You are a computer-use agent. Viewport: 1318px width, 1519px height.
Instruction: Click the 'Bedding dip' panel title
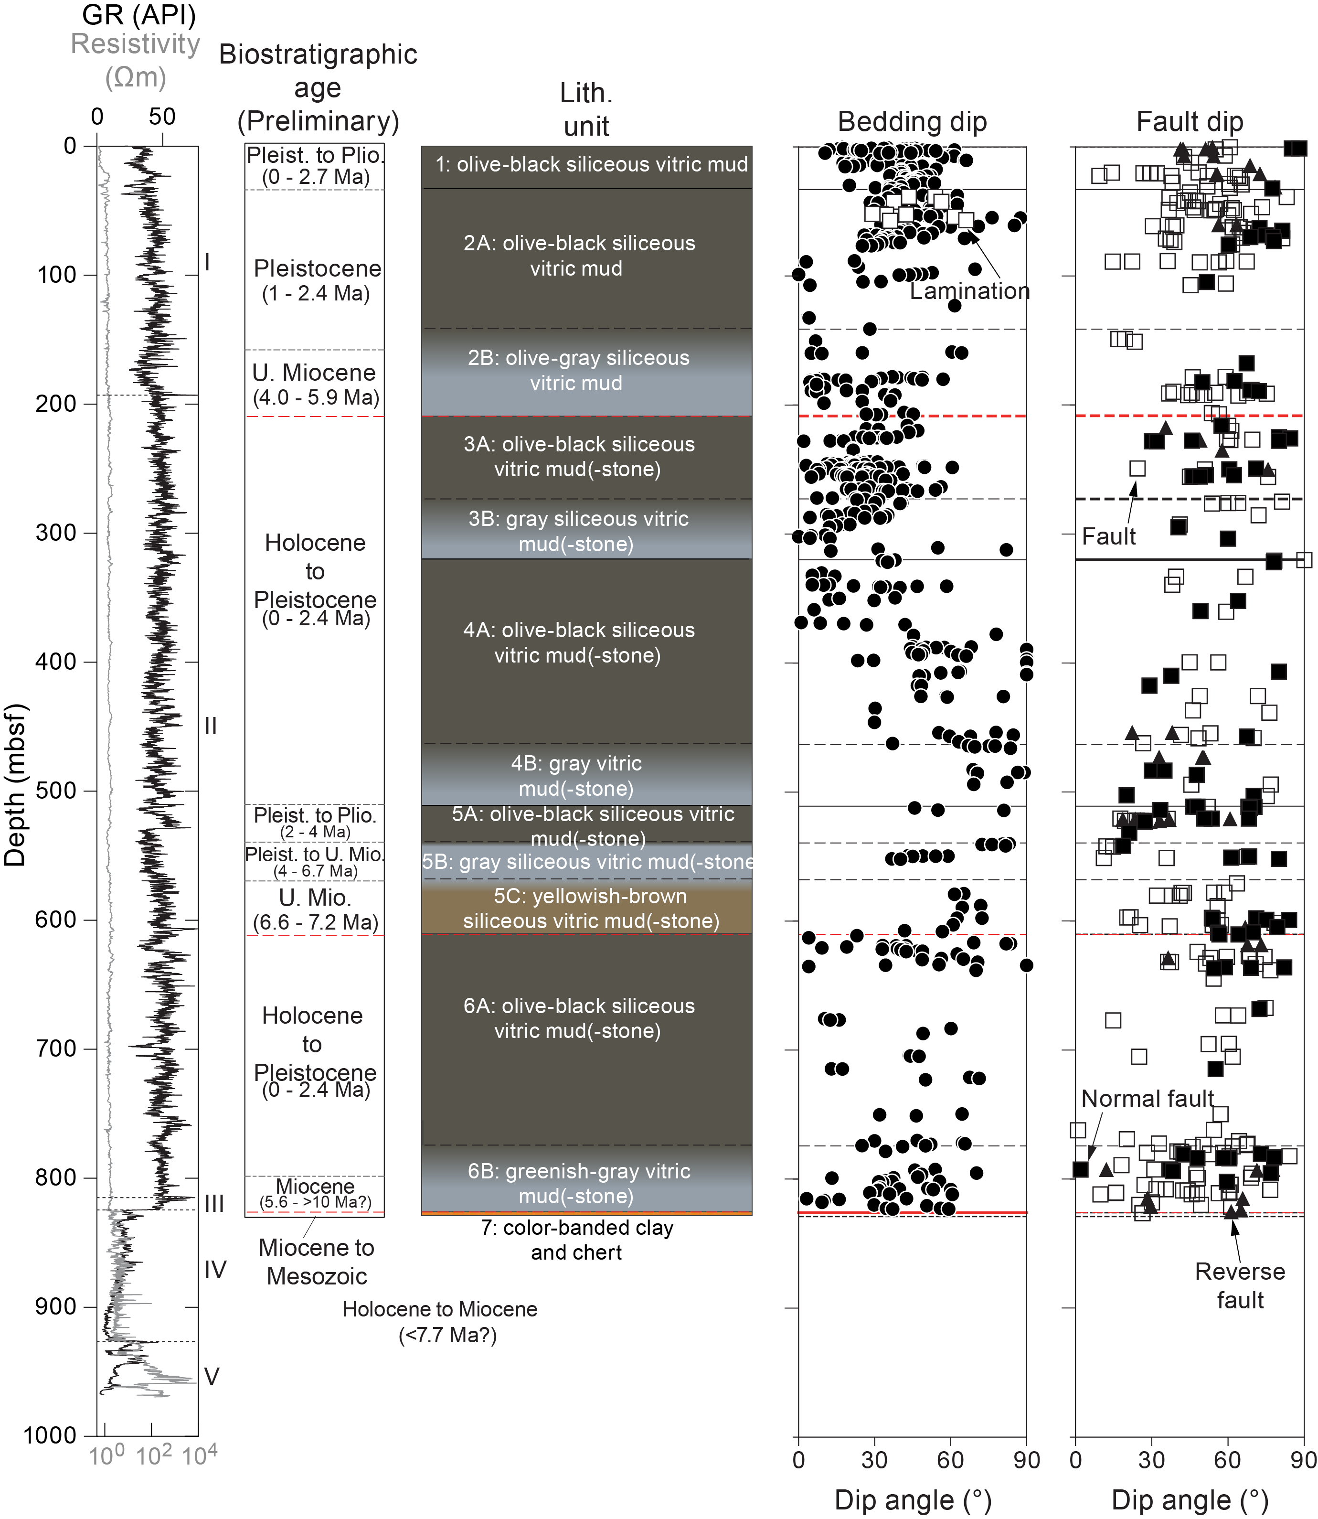(x=912, y=121)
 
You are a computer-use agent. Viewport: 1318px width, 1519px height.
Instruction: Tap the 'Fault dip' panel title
(x=1189, y=121)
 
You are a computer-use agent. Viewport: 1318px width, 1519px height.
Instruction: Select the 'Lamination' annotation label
(x=969, y=291)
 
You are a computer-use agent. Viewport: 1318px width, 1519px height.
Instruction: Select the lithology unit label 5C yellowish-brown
(x=591, y=909)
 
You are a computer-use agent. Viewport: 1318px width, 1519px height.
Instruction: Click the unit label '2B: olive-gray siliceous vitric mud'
(x=578, y=370)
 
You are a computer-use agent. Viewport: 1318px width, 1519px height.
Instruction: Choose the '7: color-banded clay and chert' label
(x=577, y=1240)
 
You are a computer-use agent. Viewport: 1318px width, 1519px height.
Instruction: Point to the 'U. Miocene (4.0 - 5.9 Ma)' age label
(x=315, y=385)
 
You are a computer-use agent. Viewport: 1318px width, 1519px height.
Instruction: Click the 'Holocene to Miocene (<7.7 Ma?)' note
(x=440, y=1322)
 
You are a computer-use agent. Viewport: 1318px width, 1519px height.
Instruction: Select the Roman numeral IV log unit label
(x=215, y=1269)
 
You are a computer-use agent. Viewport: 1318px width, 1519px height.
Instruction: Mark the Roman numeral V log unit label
(x=211, y=1376)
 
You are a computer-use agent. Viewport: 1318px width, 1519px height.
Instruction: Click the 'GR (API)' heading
(x=139, y=15)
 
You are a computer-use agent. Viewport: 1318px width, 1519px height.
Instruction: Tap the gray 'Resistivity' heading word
(x=135, y=44)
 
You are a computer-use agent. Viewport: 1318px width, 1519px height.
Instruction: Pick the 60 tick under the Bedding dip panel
(x=950, y=1460)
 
